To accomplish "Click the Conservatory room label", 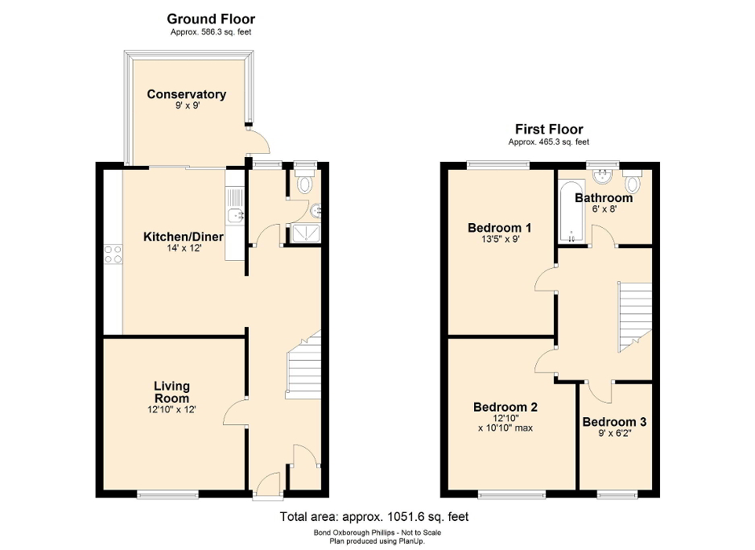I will (x=186, y=94).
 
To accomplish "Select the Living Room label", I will (x=172, y=392).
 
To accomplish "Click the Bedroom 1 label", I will (x=499, y=228).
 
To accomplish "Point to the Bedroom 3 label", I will (x=614, y=422).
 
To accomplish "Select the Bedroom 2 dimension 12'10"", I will (x=505, y=418).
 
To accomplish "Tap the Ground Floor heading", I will (x=211, y=19).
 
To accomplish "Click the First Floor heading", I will (x=549, y=129).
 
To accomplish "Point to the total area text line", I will (x=373, y=517).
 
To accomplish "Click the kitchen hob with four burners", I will (x=113, y=255).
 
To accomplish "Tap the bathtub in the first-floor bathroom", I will (x=570, y=212).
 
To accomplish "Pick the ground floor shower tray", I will (x=304, y=232).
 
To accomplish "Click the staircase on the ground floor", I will (x=304, y=366).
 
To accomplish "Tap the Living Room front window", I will (x=167, y=493).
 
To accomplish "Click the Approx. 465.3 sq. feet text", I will (x=549, y=143).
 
